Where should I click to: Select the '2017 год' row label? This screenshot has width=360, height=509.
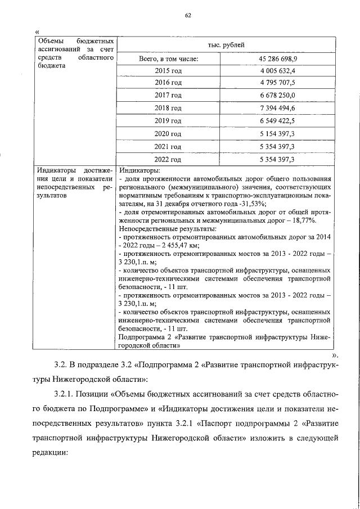pyautogui.click(x=168, y=96)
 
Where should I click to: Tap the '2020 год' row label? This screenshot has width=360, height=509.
pyautogui.click(x=168, y=133)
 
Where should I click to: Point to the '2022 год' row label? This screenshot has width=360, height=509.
pyautogui.click(x=168, y=159)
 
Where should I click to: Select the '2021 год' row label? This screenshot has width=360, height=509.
pyautogui.click(x=168, y=146)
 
